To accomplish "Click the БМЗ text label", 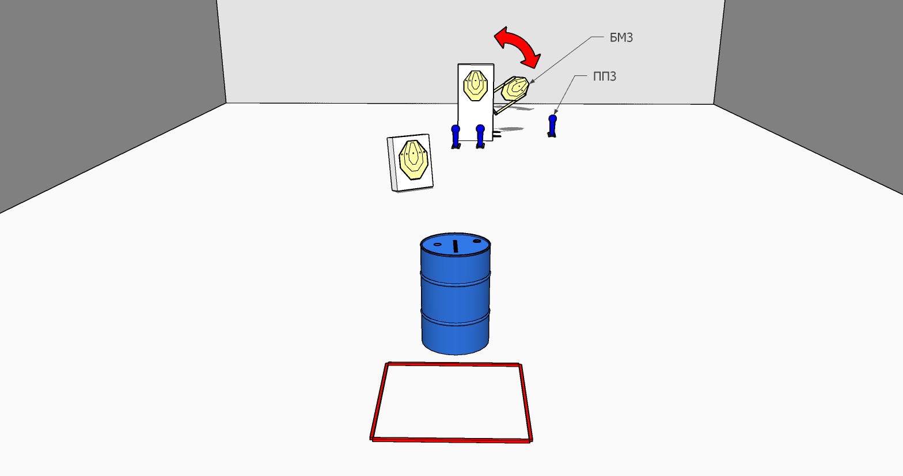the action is [621, 37].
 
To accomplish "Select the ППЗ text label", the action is [604, 76].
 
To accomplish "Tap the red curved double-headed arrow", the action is [517, 47].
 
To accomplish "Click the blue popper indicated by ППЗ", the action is [552, 125].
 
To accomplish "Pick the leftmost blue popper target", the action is [456, 136].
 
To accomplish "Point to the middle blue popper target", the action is [480, 136].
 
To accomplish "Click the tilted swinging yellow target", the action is [515, 89].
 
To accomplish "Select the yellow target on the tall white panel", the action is [476, 86].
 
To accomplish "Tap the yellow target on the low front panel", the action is [413, 160].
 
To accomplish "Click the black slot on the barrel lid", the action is [456, 246].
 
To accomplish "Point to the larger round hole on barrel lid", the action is [477, 241].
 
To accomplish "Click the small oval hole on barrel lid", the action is [438, 244].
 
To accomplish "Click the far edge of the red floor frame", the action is [453, 364].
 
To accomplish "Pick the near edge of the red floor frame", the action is [451, 440].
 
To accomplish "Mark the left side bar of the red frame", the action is [379, 401].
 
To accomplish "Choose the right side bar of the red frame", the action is [526, 402].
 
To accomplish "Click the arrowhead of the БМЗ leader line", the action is [532, 82].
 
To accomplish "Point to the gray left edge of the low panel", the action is [390, 164].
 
